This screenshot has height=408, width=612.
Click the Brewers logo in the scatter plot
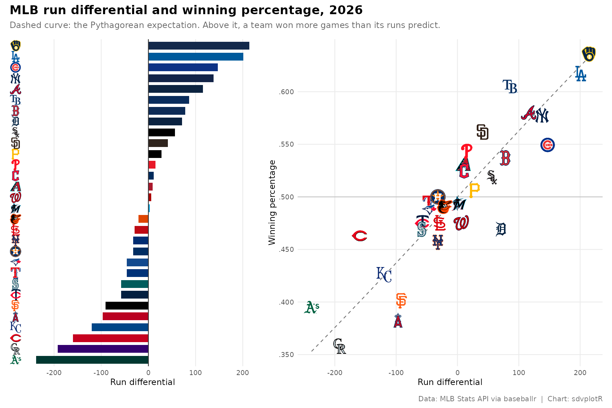589,54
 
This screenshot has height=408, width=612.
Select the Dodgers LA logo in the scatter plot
580,74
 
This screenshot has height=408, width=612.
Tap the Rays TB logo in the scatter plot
510,86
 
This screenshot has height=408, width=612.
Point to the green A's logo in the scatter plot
312,307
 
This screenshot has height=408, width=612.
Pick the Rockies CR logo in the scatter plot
339,346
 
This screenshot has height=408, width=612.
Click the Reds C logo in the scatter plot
359,236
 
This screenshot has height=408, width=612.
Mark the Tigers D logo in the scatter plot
501,229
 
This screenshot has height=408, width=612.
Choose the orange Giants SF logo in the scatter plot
401,300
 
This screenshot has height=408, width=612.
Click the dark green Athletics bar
92,360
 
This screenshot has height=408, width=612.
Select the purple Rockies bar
103,349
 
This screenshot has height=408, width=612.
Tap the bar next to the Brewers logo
199,46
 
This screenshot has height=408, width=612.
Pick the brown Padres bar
158,143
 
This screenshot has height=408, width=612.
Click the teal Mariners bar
135,284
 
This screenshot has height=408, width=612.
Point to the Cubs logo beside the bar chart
15,67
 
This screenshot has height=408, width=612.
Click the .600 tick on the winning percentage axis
287,92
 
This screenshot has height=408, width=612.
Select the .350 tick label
287,355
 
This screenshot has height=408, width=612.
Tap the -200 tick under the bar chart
54,373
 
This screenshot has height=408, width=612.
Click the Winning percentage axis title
272,202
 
